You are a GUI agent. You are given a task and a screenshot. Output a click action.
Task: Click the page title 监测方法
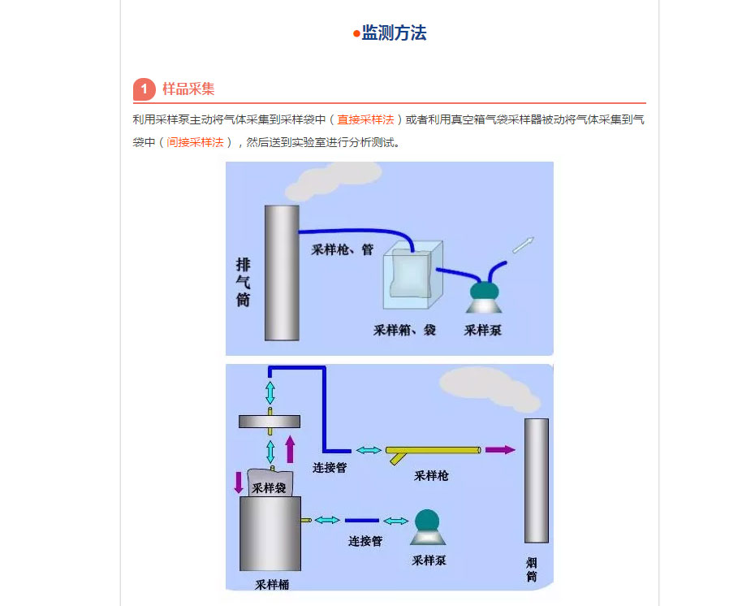[394, 32]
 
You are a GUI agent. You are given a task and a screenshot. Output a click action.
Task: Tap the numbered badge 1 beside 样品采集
[144, 89]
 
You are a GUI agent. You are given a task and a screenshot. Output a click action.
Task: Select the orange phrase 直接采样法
[365, 119]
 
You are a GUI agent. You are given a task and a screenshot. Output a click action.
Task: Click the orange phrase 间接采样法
[195, 142]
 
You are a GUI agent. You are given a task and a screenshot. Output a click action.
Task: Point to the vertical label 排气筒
[244, 283]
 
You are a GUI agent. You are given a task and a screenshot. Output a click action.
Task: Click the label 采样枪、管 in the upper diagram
[343, 249]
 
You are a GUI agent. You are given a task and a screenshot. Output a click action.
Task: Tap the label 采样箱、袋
[404, 330]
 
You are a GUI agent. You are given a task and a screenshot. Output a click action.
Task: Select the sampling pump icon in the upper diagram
[485, 297]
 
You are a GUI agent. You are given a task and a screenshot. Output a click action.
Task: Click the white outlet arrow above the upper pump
[524, 245]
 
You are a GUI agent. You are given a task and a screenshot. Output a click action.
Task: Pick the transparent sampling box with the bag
[412, 275]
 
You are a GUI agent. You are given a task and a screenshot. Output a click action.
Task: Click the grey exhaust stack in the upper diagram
[282, 273]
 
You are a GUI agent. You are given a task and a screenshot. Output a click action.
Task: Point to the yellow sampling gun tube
[434, 451]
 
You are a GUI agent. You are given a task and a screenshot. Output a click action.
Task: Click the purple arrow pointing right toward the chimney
[500, 450]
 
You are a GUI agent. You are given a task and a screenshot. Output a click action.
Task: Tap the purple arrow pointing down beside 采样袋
[239, 483]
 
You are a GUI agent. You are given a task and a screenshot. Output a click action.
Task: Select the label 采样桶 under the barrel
[272, 585]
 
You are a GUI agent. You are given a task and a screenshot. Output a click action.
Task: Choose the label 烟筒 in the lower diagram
[532, 570]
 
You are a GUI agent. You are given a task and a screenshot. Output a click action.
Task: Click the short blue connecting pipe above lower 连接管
[362, 520]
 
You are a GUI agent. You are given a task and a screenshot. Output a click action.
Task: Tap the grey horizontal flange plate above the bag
[270, 422]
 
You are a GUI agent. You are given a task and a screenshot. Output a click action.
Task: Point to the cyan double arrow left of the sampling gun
[369, 450]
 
